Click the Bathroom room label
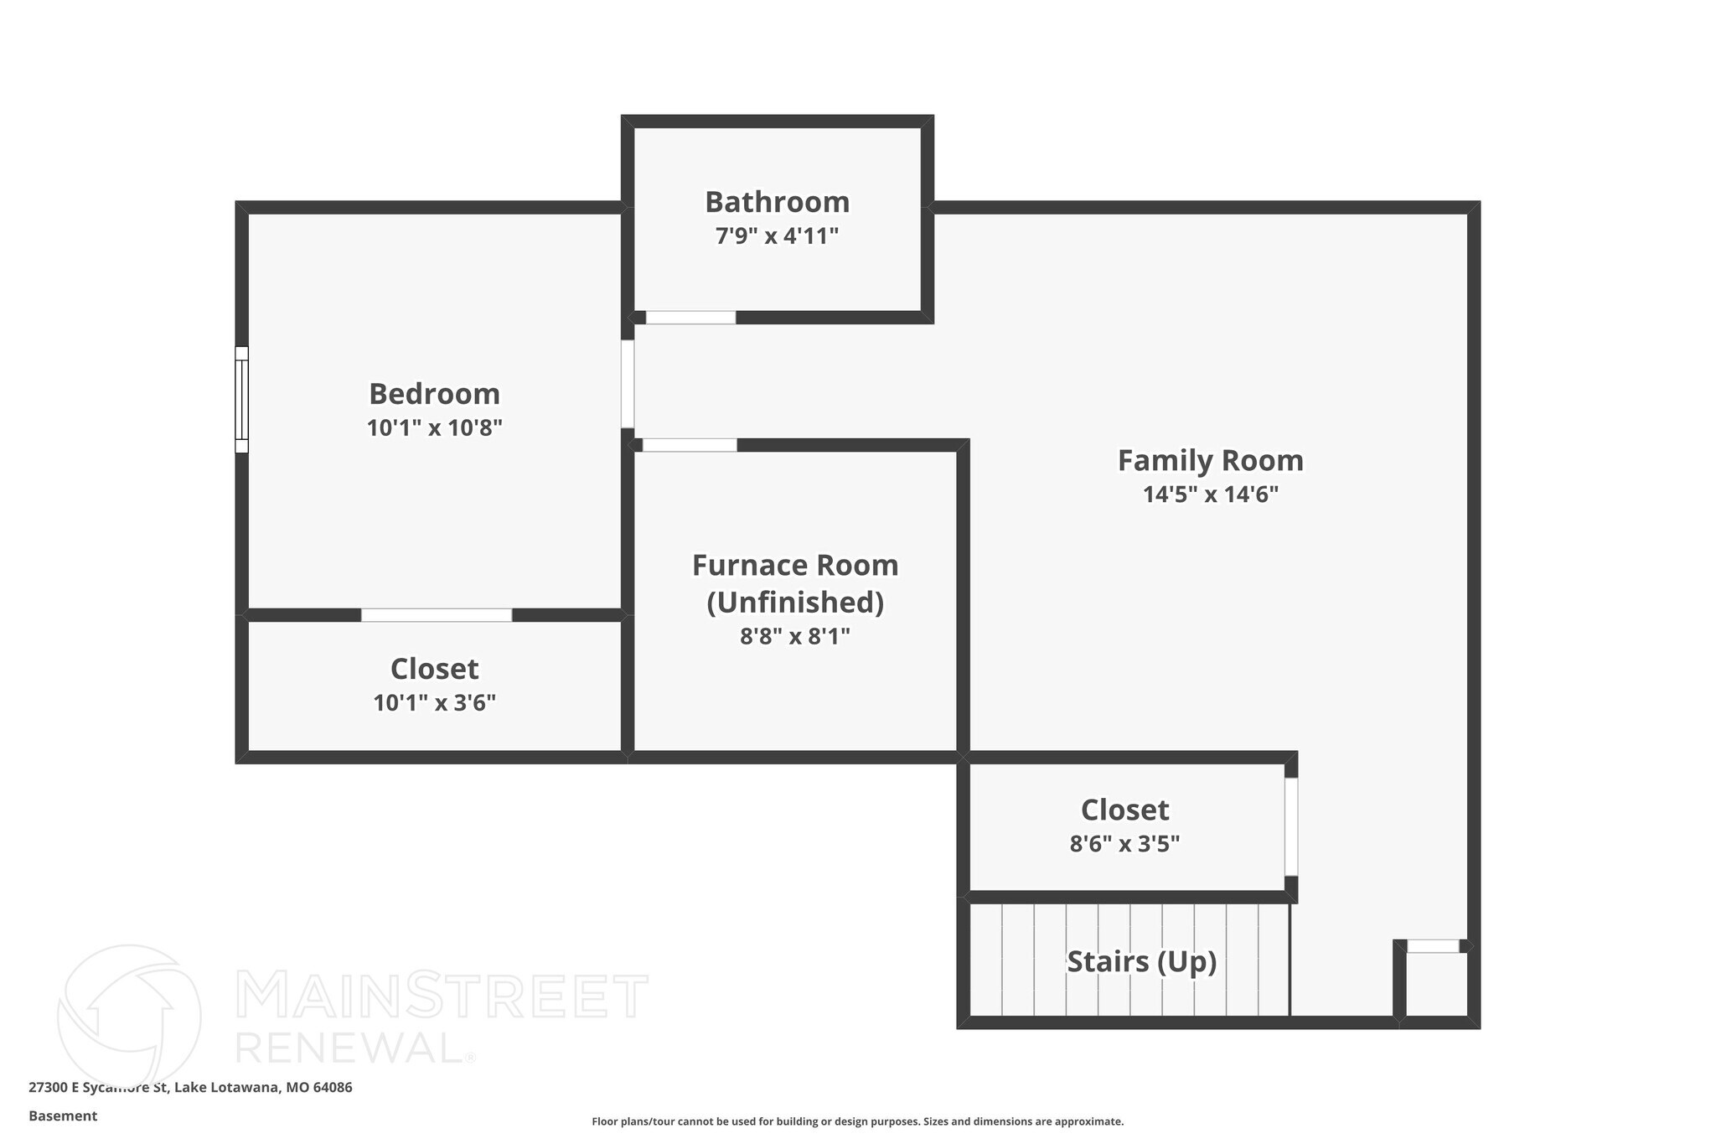tap(777, 203)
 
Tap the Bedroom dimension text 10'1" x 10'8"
tap(434, 428)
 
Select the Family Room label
tap(1211, 461)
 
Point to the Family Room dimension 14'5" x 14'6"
tap(1211, 494)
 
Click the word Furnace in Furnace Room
tap(747, 566)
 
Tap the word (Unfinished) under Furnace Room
tap(795, 603)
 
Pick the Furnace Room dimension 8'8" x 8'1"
tap(795, 637)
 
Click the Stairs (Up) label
tap(1141, 962)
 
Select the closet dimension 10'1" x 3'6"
tap(434, 703)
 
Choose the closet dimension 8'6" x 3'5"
tap(1124, 844)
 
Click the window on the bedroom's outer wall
tap(241, 400)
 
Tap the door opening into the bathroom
tap(690, 318)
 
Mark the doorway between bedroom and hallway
tap(628, 384)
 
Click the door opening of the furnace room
tap(690, 445)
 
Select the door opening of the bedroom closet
tap(437, 615)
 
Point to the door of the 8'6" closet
tap(1291, 827)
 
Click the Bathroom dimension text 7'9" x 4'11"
tap(777, 236)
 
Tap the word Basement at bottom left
tap(63, 1116)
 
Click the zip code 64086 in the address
tap(333, 1088)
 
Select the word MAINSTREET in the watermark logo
tap(442, 996)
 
